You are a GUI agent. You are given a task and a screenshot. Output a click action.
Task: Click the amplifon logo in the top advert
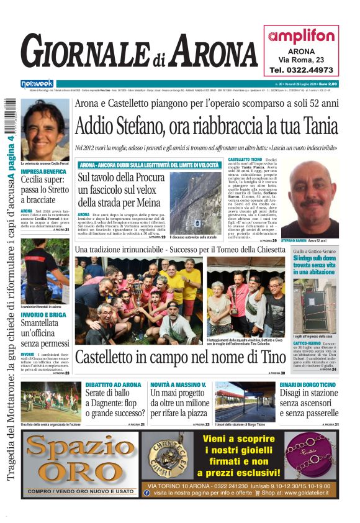click(x=301, y=36)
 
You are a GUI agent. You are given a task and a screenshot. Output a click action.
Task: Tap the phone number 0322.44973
click(x=301, y=70)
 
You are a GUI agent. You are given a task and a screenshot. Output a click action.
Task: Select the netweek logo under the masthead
click(x=37, y=83)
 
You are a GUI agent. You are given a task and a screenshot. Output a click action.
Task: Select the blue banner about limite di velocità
click(x=149, y=165)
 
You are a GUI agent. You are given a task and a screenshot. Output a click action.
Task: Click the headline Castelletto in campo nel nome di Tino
click(x=180, y=357)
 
